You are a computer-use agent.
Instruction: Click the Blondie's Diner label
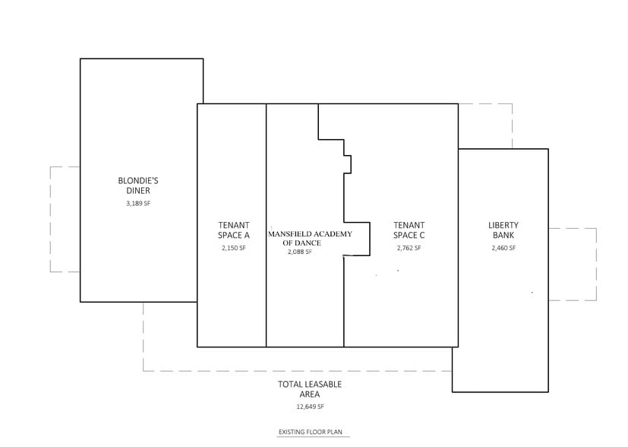(x=138, y=185)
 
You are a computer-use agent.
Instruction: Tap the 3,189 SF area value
(x=138, y=204)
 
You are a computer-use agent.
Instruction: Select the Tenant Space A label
(x=234, y=230)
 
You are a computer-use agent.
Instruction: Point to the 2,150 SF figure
(x=234, y=249)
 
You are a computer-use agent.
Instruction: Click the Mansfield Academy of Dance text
(x=310, y=238)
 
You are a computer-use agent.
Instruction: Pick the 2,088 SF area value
(x=300, y=252)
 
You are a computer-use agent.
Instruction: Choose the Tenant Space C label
(x=409, y=230)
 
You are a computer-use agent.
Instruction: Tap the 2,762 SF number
(x=409, y=249)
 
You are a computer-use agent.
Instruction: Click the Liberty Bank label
(x=503, y=230)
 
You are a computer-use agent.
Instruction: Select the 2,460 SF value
(x=503, y=249)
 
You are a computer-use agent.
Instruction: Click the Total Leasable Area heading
(x=309, y=389)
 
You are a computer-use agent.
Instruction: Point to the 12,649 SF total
(x=309, y=407)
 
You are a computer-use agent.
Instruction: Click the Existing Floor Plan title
(x=310, y=433)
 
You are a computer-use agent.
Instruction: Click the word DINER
(x=138, y=191)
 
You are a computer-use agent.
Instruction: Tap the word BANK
(x=503, y=236)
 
